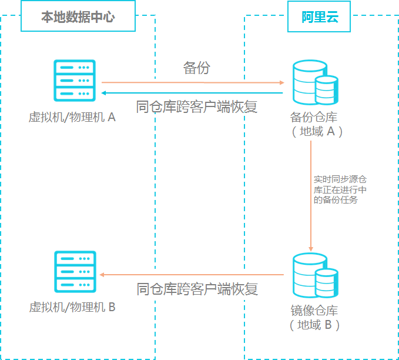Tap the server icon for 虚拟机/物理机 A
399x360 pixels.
point(75,81)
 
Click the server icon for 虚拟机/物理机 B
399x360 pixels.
point(75,272)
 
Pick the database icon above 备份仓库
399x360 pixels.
point(316,82)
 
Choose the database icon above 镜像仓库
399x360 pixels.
point(316,275)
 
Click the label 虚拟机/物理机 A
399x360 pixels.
point(72,117)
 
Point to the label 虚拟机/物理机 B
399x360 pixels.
point(72,307)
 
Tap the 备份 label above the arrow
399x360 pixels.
point(197,68)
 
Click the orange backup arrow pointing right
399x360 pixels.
point(193,82)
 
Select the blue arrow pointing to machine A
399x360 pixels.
point(192,93)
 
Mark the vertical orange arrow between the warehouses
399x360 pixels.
point(311,196)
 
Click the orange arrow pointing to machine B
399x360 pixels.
point(192,275)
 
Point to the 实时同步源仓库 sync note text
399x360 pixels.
point(340,189)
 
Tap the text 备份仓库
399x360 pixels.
point(314,117)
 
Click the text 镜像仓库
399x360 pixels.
point(314,311)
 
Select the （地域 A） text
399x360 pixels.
point(317,132)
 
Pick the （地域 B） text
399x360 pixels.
point(314,325)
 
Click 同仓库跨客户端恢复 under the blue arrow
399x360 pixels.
point(196,106)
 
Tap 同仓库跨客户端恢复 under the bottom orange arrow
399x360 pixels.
point(197,289)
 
